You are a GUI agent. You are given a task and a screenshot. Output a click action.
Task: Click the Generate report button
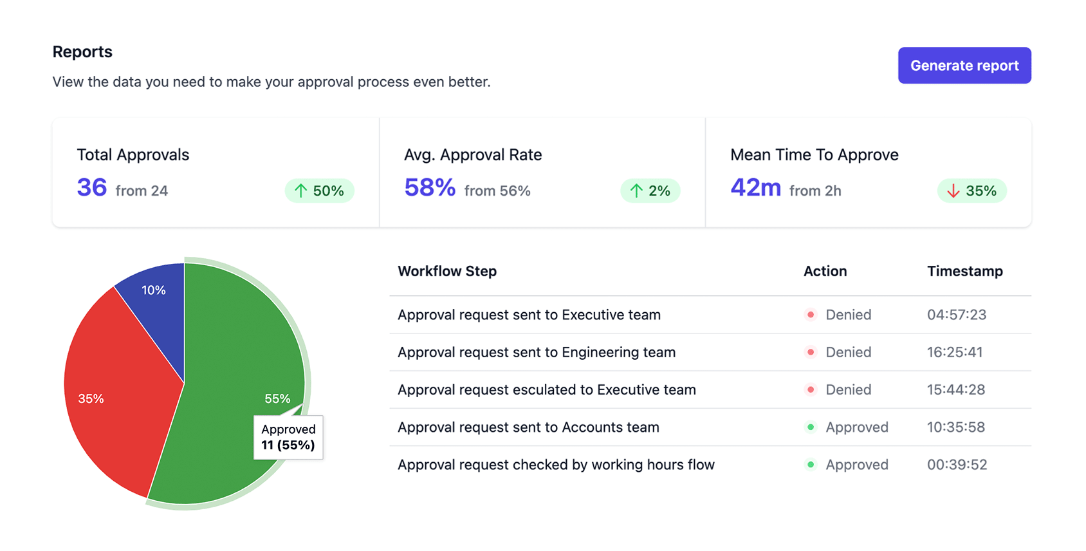tap(964, 66)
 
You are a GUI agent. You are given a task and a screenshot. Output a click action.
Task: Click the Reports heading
tap(82, 52)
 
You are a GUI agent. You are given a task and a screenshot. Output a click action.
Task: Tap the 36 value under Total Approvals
tap(91, 188)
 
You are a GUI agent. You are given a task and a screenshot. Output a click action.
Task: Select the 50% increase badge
tap(319, 191)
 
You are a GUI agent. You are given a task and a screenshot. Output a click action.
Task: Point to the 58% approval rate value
tap(429, 188)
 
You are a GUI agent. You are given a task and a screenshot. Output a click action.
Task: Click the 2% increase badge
tap(650, 191)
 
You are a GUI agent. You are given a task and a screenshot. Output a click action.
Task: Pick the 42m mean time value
tap(755, 188)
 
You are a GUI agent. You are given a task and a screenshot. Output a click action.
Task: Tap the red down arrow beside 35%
tap(953, 191)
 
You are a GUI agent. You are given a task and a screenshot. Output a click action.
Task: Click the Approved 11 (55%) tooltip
tap(288, 438)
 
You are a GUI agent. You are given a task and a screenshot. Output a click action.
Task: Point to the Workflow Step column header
tap(447, 272)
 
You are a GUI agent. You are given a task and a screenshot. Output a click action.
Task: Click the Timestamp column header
tap(964, 272)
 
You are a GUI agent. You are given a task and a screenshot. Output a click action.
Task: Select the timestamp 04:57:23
tap(956, 315)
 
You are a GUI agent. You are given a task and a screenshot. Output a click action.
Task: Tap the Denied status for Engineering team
tap(848, 352)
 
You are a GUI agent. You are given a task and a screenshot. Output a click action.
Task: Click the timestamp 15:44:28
tap(955, 389)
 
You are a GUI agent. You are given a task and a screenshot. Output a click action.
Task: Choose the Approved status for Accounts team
tap(856, 427)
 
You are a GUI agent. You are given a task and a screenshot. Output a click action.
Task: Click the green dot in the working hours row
tap(811, 465)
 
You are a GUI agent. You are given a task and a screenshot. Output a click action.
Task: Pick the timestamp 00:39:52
tap(957, 465)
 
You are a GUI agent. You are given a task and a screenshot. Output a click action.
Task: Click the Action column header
tap(825, 272)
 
